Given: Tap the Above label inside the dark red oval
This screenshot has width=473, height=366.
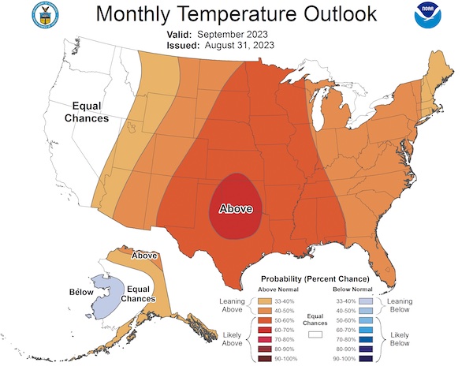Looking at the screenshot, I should tap(235, 209).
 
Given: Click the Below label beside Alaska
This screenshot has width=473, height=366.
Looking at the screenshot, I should tap(81, 292).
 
